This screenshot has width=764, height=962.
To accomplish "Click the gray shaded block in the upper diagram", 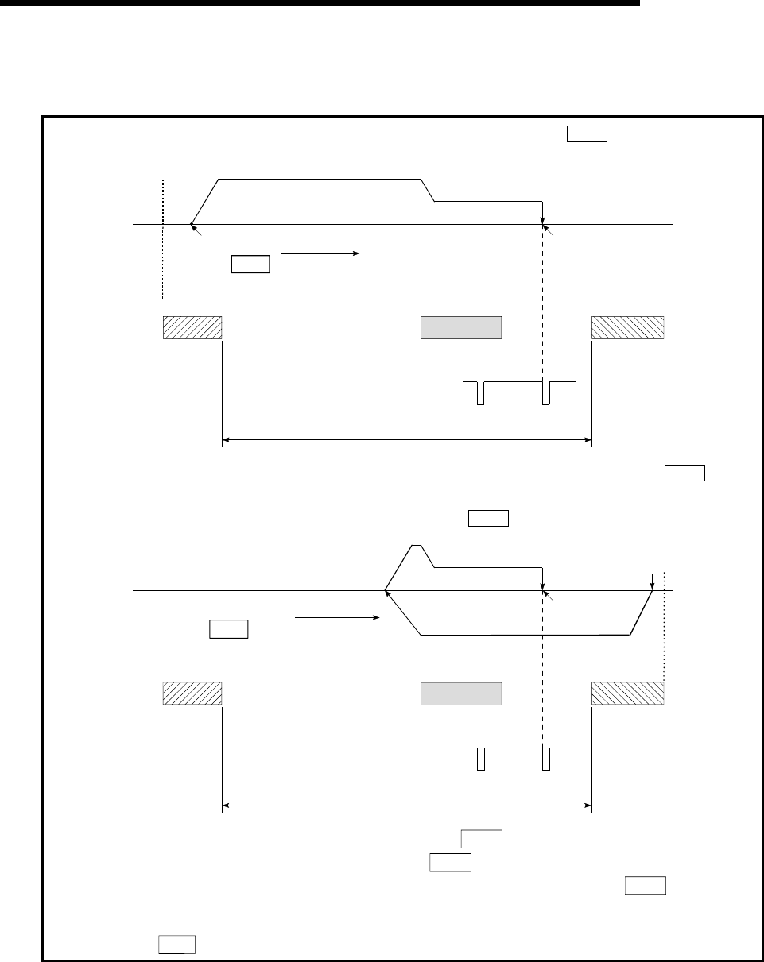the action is click(x=461, y=327).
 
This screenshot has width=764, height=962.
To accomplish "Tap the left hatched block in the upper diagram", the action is click(x=192, y=327).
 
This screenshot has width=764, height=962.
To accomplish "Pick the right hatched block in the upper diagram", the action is click(x=628, y=327).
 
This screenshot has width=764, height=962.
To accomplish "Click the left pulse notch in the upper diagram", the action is click(x=480, y=393).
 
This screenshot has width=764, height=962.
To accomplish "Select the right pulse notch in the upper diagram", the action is click(x=545, y=393).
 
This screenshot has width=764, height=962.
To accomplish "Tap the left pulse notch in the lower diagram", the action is click(x=480, y=759).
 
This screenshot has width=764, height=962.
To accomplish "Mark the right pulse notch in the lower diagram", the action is click(x=545, y=759).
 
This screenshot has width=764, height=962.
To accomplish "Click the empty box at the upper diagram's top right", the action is click(x=587, y=133).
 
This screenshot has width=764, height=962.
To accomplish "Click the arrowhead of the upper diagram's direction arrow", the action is click(x=357, y=253).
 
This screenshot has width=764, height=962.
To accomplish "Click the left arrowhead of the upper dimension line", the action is click(x=226, y=438).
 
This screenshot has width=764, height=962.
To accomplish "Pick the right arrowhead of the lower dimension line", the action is click(x=588, y=806).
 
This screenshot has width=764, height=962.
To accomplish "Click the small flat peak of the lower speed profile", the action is click(x=416, y=545).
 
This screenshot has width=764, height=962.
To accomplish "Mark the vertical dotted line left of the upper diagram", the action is click(x=162, y=238).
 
